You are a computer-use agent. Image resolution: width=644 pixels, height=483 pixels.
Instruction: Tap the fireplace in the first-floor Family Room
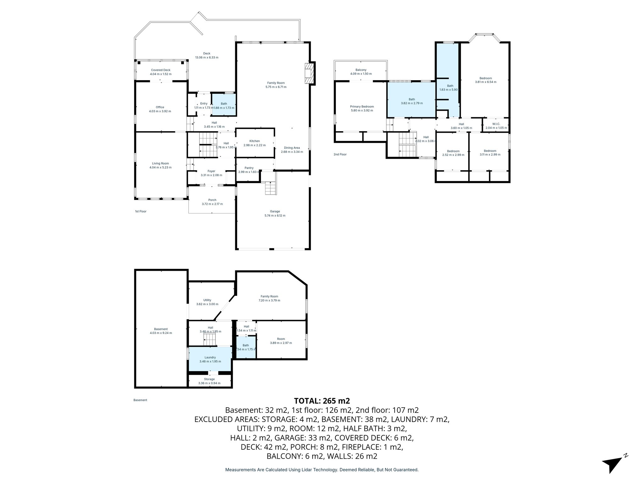point(310,73)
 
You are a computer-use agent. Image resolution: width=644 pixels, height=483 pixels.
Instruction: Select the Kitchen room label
point(254,141)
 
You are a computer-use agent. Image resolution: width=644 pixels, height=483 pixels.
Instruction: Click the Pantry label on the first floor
point(249,168)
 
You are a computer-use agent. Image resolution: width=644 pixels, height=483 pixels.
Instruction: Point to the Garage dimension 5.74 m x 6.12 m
point(275,215)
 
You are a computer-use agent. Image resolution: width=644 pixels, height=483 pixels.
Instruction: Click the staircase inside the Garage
point(270,188)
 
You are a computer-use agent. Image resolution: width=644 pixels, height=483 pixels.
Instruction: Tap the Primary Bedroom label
point(362,107)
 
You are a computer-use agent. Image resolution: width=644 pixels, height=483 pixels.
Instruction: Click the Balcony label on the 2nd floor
point(361,70)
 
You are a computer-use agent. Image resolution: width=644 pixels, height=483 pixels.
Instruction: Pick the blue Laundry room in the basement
point(210,359)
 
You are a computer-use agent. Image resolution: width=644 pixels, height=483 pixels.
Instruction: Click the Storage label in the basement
point(209,379)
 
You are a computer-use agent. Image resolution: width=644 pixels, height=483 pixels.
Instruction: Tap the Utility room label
point(207,300)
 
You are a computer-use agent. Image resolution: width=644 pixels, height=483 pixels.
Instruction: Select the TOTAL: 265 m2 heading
point(322,401)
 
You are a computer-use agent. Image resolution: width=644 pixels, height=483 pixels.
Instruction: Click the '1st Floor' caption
point(141,211)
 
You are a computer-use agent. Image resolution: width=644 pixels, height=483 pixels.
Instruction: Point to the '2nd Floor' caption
point(340,154)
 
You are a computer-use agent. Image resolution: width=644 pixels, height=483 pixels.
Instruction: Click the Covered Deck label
point(161,70)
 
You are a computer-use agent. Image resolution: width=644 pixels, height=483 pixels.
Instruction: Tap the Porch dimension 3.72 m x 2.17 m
point(212,204)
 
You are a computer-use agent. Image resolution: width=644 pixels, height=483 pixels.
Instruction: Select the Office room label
point(160,107)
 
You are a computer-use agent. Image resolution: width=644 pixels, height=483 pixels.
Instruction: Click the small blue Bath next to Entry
point(224,105)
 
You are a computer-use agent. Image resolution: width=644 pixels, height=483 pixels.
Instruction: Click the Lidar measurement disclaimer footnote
point(322,470)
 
